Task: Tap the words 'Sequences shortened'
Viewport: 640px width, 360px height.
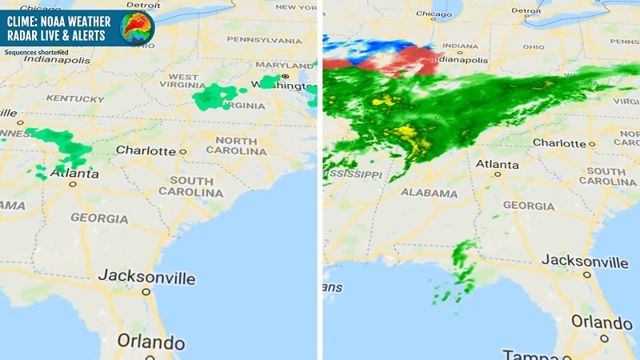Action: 36,53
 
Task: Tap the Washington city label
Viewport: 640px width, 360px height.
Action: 275,84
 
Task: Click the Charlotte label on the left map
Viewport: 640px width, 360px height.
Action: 146,150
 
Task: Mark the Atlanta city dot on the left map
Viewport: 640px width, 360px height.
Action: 73,183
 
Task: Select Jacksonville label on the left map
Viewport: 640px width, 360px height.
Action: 146,278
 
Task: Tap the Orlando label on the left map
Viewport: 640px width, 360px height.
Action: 151,341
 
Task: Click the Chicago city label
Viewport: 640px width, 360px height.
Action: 434,14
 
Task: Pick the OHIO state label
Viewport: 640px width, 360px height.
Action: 534,46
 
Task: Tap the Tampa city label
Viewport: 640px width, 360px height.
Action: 524,354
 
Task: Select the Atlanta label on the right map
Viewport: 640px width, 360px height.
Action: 497,163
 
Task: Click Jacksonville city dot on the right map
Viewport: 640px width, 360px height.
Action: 586,274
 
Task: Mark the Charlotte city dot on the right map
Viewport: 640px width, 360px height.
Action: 592,144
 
